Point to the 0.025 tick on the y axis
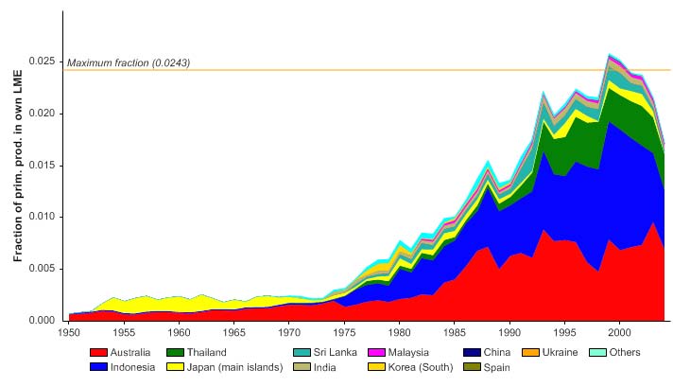pos(44,61)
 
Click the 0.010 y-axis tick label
pos(44,217)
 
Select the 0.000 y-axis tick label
pos(44,321)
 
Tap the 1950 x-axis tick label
pos(69,333)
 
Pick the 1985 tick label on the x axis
pos(455,333)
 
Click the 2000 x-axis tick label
pos(620,333)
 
